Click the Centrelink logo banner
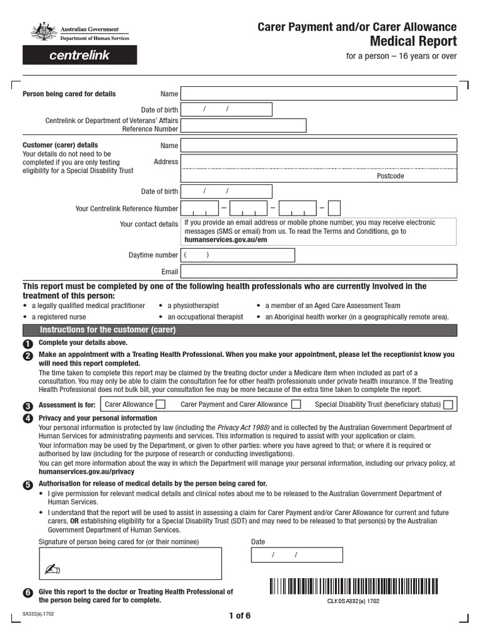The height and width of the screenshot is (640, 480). coord(79,55)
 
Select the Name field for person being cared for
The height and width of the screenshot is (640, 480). coord(319,94)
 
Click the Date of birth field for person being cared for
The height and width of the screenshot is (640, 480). coord(226,110)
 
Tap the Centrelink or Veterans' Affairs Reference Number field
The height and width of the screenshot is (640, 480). coord(244,125)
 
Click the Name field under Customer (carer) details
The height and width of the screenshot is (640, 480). coord(319,146)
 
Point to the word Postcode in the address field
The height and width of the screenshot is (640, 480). coord(390,176)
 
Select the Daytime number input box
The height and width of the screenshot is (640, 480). coord(237,255)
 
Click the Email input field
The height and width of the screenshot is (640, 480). coord(319,272)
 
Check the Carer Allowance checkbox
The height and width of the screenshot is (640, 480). coord(161,404)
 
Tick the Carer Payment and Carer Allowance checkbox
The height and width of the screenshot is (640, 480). coord(296,404)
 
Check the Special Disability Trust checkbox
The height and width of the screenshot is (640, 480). coord(448,404)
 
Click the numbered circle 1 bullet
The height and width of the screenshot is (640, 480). coord(27,344)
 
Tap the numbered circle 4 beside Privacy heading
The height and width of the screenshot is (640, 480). coord(27,419)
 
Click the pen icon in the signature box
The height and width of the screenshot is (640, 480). coord(51,569)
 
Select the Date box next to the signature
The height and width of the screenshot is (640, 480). coord(297,555)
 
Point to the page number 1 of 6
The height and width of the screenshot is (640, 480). coord(239,616)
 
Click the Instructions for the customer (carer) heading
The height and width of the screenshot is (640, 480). coord(108,330)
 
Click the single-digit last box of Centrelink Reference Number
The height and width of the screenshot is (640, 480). coord(334,208)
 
